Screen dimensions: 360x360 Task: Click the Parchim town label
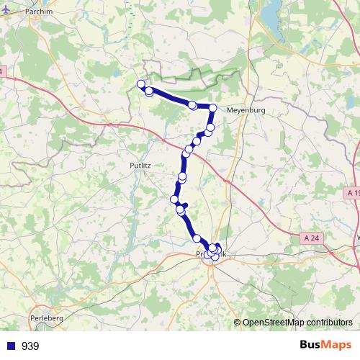[37, 12]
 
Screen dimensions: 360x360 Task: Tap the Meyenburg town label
[246, 110]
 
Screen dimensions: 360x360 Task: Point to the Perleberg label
[49, 317]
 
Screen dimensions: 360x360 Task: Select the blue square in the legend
[11, 346]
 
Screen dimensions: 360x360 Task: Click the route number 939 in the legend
[30, 346]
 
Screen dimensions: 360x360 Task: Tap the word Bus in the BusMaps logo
[311, 345]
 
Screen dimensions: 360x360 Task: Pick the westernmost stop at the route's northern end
[142, 84]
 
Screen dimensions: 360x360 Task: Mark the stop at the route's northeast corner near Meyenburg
[212, 108]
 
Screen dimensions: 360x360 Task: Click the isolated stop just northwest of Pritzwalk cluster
[196, 238]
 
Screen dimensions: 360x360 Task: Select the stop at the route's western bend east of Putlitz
[174, 199]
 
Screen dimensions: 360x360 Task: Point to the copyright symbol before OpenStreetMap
[238, 322]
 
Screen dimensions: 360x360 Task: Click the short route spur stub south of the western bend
[186, 205]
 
